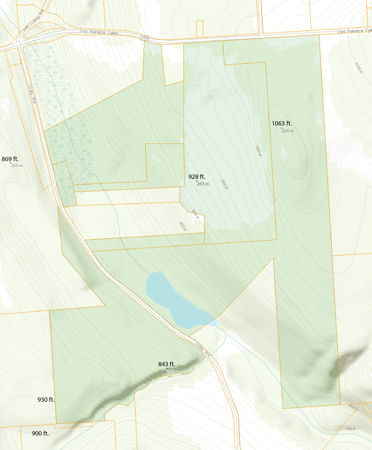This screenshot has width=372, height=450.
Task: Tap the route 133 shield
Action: point(145,39)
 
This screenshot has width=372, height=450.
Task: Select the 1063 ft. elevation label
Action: point(282,123)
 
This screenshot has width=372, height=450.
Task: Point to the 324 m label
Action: point(287,131)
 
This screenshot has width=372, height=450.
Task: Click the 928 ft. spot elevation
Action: point(197,177)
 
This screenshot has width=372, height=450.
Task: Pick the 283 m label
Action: point(202,184)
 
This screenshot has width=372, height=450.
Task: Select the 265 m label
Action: point(17,166)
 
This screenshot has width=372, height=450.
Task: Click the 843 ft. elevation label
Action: point(167,365)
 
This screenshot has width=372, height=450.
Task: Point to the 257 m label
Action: point(172,371)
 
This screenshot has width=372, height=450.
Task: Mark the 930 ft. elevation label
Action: point(46,400)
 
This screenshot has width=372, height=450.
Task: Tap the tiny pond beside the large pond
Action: point(213,323)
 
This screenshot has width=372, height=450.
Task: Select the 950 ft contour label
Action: point(224,185)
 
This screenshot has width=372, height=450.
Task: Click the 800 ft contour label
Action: point(353,407)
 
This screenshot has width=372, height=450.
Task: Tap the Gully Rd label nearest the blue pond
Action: point(201,348)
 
